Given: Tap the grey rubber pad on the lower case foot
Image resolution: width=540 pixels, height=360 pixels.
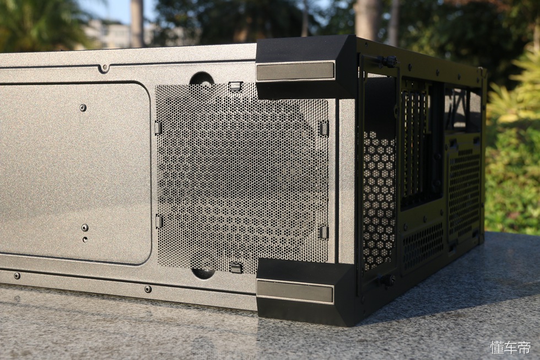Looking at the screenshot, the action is [x=294, y=289].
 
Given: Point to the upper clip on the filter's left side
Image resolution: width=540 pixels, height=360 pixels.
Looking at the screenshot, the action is [x=158, y=128].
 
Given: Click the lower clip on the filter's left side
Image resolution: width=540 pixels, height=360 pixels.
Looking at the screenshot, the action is [x=159, y=221].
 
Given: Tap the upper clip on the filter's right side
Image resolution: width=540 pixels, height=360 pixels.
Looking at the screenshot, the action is [x=324, y=127].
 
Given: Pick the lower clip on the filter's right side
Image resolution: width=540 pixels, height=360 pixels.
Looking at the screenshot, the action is [x=323, y=232].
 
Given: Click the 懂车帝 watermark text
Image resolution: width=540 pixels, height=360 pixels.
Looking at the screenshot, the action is [x=510, y=348].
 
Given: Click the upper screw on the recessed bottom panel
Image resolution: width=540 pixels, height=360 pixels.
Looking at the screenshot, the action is [x=82, y=108].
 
